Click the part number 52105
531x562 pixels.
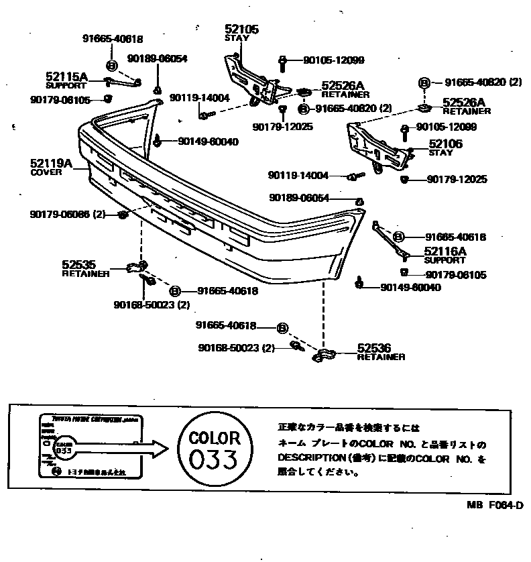tap(241, 30)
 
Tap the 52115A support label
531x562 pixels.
tap(66, 78)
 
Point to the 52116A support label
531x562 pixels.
tap(445, 252)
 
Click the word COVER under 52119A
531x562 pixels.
tap(46, 172)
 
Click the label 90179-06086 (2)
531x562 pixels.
tap(68, 215)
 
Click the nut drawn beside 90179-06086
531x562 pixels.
tap(123, 215)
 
